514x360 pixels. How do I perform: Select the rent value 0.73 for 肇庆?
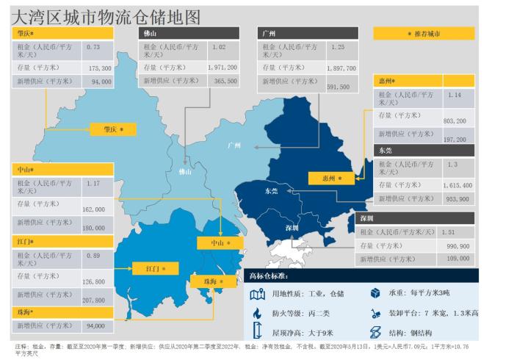tap(93, 46)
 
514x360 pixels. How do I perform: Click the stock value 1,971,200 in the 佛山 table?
tap(222, 67)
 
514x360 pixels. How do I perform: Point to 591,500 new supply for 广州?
tap(338, 87)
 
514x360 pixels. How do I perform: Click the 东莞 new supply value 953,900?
tap(457, 198)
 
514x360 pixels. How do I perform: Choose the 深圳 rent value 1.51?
tap(449, 231)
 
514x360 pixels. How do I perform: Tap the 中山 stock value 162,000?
tap(93, 209)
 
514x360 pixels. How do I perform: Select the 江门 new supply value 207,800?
tap(93, 300)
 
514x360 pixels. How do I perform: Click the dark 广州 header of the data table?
tap(309, 33)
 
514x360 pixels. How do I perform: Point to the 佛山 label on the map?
tap(185, 172)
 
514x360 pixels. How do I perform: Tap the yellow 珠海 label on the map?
tap(211, 281)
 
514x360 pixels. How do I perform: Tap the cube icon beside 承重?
tap(374, 293)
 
